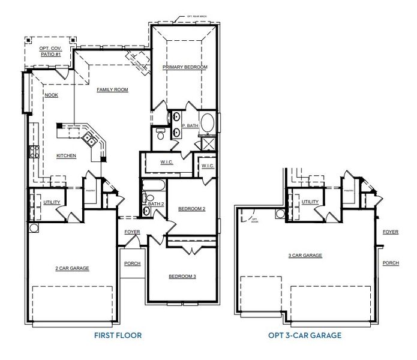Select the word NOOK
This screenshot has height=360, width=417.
50,95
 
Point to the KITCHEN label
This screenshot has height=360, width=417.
66,155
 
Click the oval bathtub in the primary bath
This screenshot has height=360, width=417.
208,124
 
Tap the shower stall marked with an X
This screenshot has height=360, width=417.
209,143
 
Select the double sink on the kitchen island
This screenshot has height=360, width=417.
88,139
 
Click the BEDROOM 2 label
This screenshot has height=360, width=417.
192,209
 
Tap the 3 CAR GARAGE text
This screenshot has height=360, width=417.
305,256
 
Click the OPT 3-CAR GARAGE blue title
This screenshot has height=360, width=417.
305,335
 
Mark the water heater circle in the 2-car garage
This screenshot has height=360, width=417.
33,229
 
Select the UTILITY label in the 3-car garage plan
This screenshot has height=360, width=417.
310,202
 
